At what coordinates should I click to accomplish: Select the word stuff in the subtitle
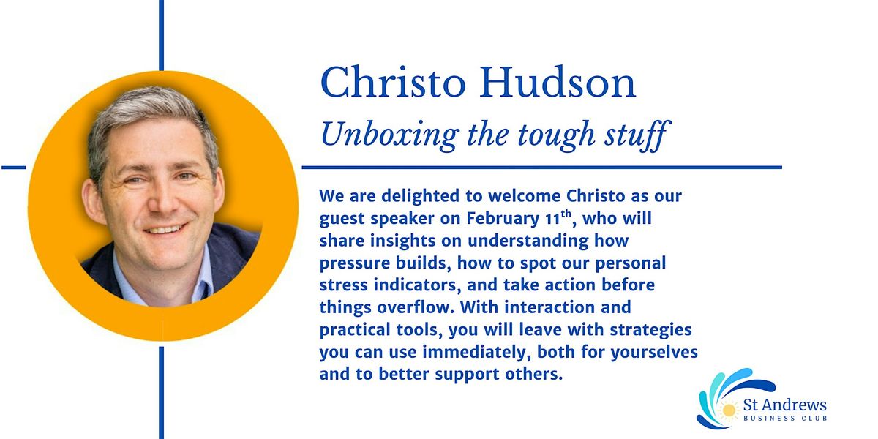[x=637, y=135]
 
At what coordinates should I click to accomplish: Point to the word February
[x=503, y=218]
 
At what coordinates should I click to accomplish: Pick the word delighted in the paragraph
[x=420, y=196]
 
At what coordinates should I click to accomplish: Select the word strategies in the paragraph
[x=651, y=330]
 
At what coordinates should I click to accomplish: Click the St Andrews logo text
[x=784, y=405]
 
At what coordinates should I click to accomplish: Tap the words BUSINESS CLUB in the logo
[x=785, y=419]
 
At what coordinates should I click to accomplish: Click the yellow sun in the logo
[x=729, y=410]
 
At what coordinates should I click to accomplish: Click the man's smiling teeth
[x=165, y=229]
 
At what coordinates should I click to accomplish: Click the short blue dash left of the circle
[x=14, y=168]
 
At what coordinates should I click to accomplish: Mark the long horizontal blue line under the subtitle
[x=541, y=168]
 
